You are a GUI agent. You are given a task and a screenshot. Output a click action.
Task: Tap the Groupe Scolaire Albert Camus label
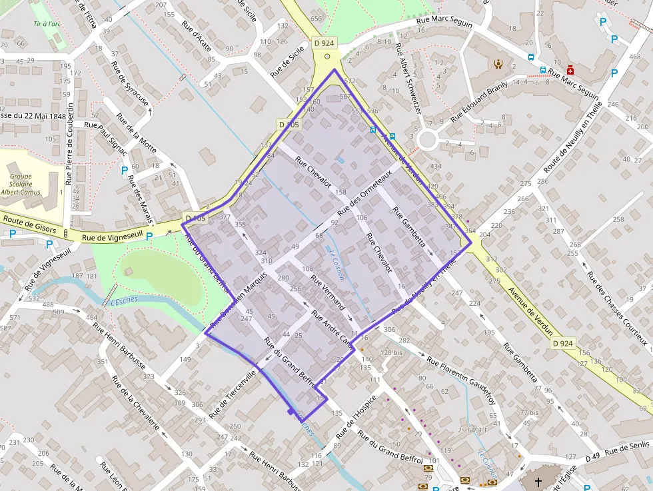(25, 185)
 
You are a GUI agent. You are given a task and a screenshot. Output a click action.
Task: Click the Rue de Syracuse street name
(130, 83)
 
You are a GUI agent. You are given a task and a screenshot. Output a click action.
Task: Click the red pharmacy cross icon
(570, 69)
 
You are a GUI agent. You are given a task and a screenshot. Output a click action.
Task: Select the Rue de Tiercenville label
(232, 392)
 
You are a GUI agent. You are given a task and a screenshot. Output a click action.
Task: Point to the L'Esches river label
(123, 301)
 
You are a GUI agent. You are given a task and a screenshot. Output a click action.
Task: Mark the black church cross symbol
(538, 480)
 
